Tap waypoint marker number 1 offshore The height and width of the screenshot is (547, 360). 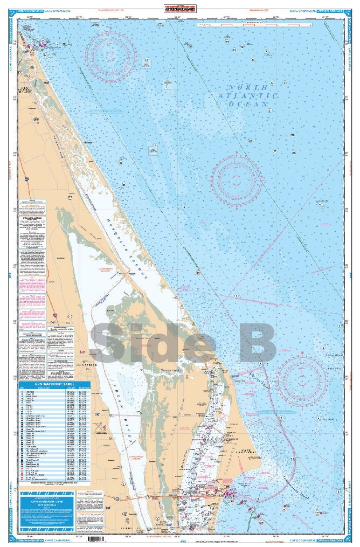(x=236, y=296)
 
